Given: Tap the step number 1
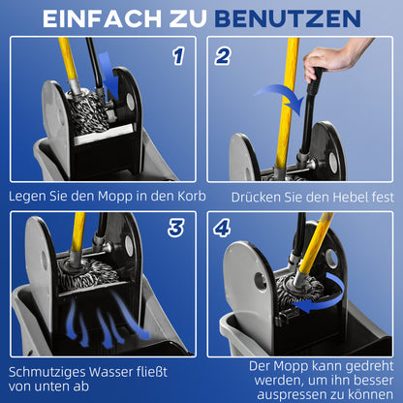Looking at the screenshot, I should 176,56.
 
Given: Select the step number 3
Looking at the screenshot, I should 176,229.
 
